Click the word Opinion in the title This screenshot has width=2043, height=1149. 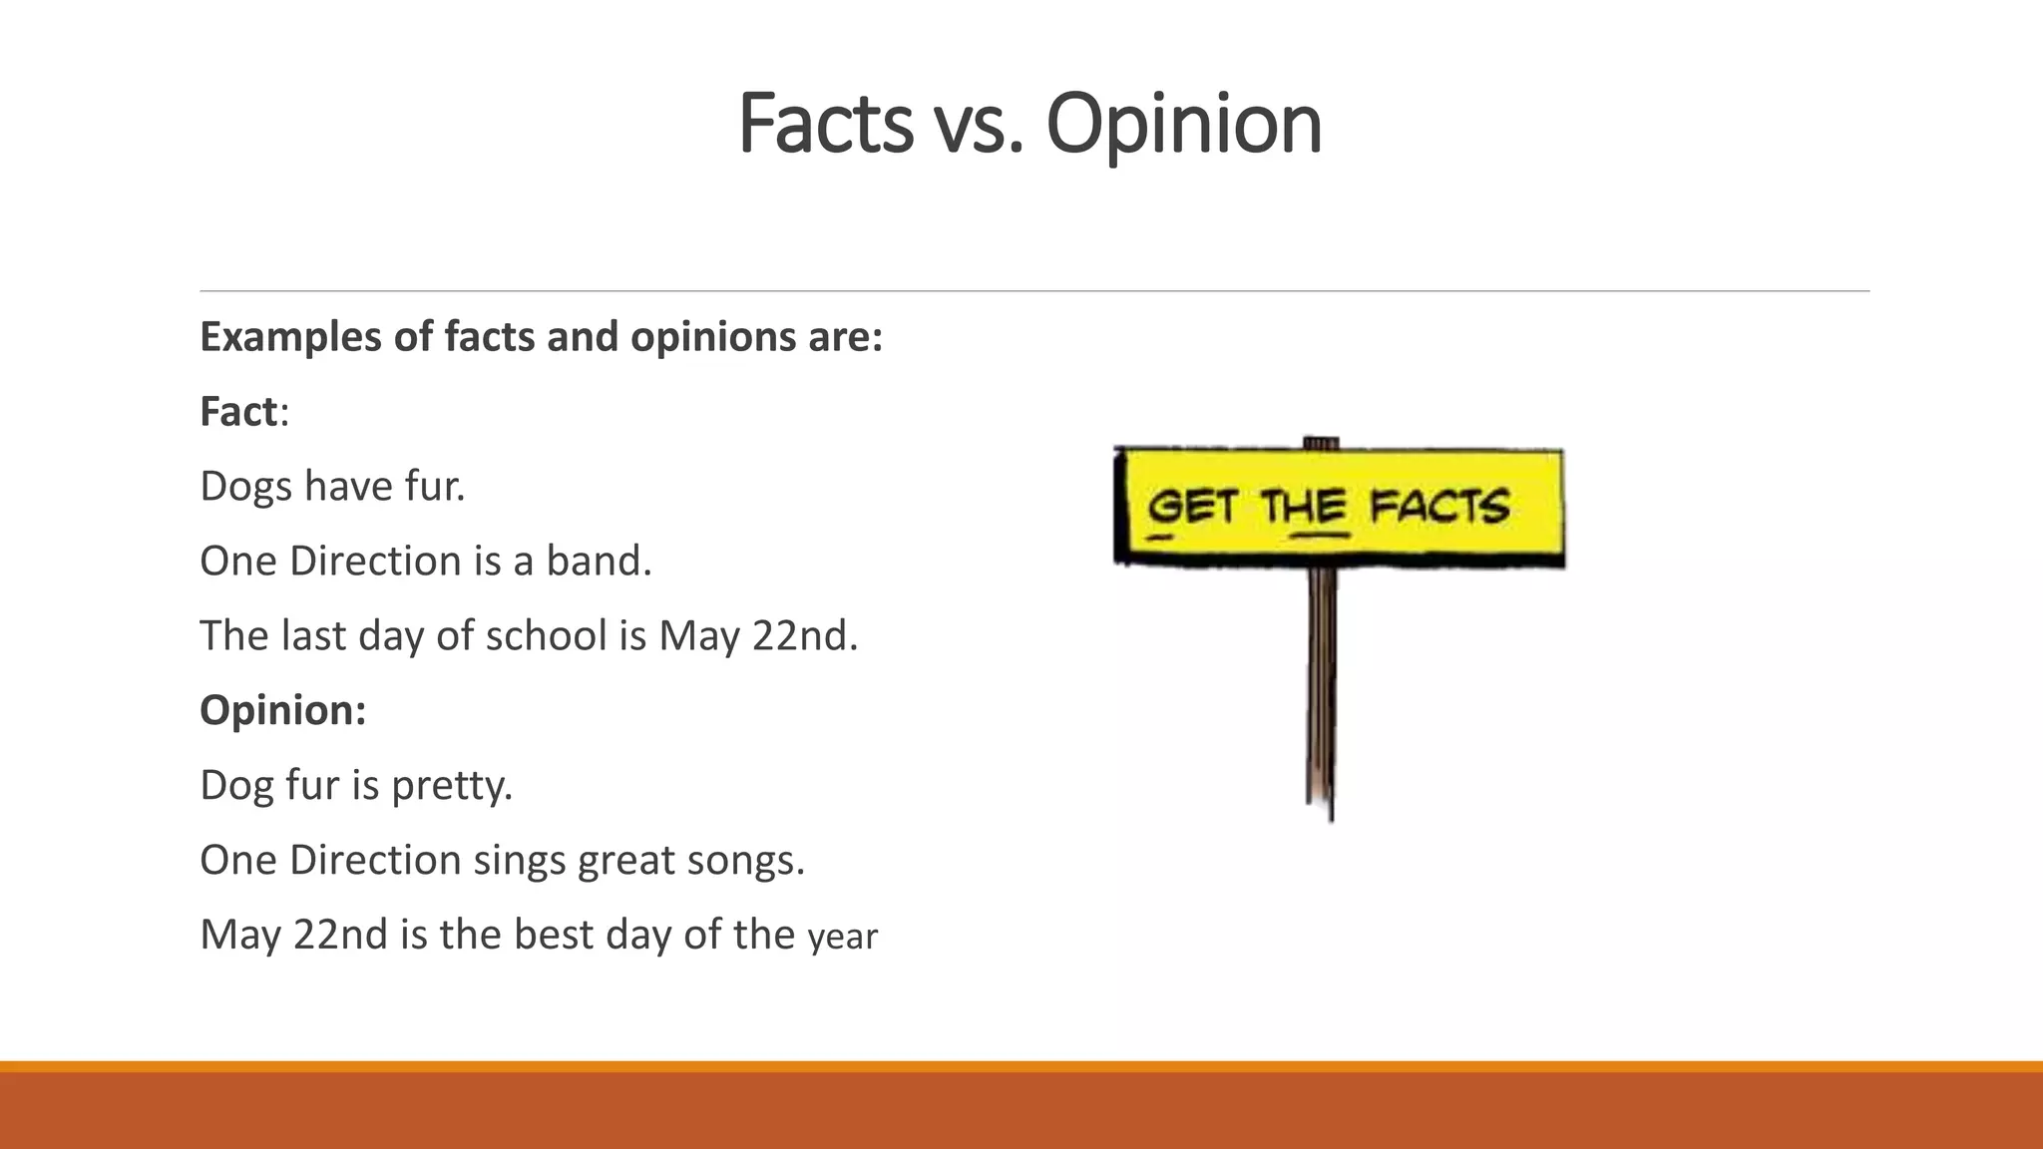1183,125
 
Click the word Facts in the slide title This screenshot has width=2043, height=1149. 825,125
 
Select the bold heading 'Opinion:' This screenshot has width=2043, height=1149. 283,710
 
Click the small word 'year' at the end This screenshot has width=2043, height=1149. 842,938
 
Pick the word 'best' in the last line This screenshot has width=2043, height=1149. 554,935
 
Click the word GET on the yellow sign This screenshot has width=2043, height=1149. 1192,507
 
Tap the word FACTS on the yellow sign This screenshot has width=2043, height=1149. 1438,507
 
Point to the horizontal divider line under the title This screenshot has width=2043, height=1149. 1033,291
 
